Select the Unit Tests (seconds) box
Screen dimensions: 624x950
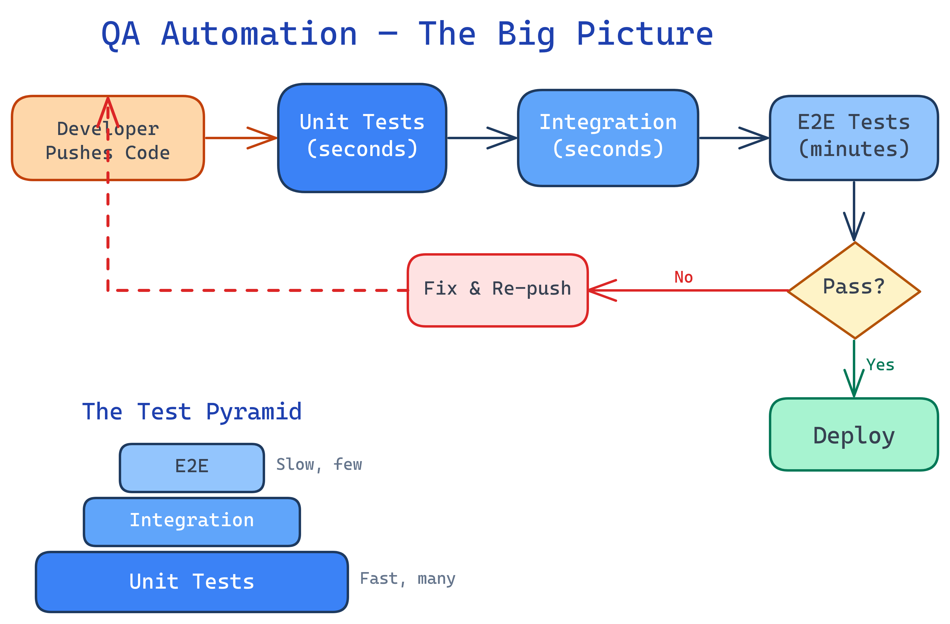[362, 138]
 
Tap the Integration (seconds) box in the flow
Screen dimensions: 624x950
[608, 138]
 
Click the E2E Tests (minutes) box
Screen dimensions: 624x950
[853, 138]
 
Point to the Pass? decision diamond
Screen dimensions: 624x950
[854, 290]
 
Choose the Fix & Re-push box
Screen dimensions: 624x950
[497, 290]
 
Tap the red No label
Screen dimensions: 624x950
[683, 277]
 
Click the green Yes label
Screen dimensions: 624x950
[880, 365]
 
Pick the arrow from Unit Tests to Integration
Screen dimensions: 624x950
[481, 138]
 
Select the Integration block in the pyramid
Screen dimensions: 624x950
[192, 522]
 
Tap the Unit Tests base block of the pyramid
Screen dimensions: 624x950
[192, 582]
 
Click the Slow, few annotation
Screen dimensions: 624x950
[319, 465]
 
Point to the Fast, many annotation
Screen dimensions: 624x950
[407, 578]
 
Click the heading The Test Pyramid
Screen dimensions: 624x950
[192, 412]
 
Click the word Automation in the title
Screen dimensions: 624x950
[259, 34]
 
